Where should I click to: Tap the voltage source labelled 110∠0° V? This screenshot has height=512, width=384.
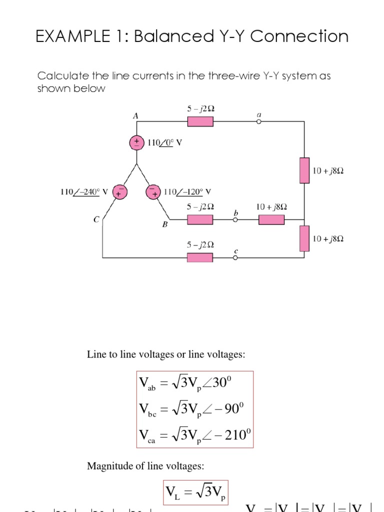tap(136, 142)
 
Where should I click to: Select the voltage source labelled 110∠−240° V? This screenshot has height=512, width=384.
tap(119, 191)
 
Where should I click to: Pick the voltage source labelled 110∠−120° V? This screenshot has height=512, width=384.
tap(152, 191)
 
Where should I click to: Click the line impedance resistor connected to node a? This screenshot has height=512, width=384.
tap(200, 121)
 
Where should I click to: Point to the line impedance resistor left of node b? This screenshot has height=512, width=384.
tap(200, 219)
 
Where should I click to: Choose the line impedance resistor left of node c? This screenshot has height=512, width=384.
tap(200, 257)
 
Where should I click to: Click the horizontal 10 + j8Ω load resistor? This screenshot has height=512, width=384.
tap(271, 219)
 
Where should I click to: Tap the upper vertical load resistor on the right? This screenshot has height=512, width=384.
tap(304, 170)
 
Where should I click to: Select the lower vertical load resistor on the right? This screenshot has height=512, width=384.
tap(304, 238)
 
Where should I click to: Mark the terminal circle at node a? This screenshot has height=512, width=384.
tap(259, 121)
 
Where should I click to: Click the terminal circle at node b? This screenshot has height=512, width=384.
tap(235, 219)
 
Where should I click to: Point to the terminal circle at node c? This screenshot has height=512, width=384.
tap(235, 257)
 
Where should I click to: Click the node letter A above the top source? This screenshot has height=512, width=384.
tap(135, 115)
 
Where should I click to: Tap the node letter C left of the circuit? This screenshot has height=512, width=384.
tap(96, 218)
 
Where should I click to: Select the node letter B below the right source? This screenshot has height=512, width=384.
tap(164, 225)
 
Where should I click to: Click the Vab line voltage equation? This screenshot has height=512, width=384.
tap(186, 385)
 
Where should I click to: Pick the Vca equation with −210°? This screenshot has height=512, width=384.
tap(193, 435)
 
